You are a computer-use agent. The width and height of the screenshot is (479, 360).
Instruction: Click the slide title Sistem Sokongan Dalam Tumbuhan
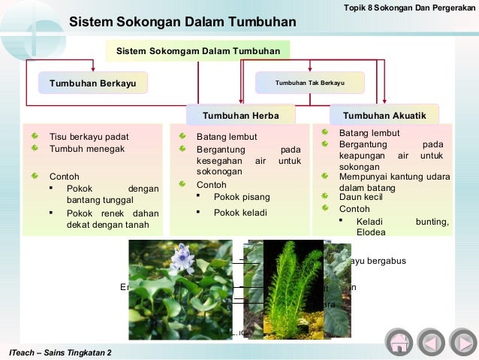click(182, 22)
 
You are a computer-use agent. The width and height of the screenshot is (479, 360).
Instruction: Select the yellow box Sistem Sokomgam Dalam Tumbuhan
click(197, 51)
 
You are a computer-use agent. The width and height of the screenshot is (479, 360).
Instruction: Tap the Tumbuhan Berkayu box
click(93, 83)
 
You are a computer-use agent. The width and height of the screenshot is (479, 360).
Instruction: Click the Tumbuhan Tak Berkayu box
click(309, 83)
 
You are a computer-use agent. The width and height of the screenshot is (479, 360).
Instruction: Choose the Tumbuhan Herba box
click(241, 116)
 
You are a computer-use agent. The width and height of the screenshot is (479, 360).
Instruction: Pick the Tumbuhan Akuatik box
click(384, 116)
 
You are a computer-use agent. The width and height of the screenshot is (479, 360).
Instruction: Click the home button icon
click(399, 342)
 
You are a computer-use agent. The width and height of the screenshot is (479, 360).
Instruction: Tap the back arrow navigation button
click(431, 342)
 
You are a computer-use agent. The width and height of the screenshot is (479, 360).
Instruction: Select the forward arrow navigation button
click(462, 342)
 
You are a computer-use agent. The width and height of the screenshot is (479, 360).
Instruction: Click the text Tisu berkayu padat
click(89, 137)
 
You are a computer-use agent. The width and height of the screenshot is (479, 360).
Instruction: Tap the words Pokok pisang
click(242, 197)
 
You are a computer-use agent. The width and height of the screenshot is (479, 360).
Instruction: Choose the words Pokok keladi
click(242, 213)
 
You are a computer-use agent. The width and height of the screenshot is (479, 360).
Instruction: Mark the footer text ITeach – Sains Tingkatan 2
click(59, 352)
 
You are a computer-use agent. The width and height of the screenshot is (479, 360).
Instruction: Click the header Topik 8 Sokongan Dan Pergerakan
click(408, 7)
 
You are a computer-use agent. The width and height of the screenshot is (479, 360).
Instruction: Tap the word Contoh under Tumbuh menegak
click(65, 177)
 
